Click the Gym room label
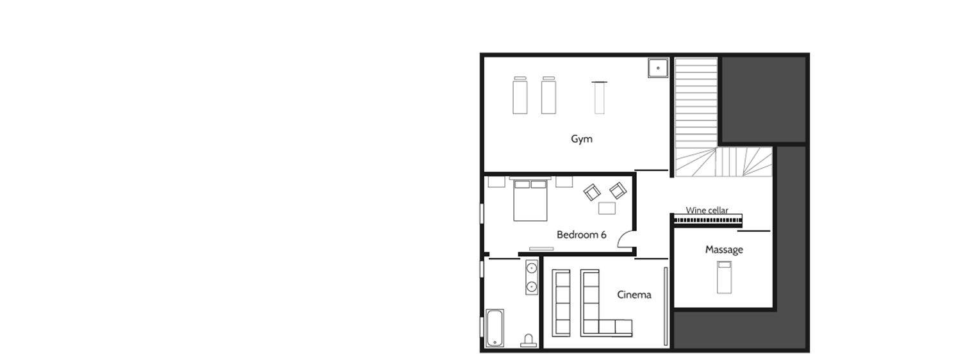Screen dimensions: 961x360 click(x=581, y=139)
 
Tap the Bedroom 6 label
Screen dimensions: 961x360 click(x=581, y=234)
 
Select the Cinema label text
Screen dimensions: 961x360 click(x=634, y=295)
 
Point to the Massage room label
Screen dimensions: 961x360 click(x=724, y=250)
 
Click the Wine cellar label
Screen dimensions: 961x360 click(x=707, y=210)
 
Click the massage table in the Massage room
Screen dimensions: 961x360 click(x=724, y=277)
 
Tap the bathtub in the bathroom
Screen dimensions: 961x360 click(x=495, y=328)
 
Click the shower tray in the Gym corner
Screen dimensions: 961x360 click(x=658, y=68)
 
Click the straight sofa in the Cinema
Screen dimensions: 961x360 click(x=561, y=303)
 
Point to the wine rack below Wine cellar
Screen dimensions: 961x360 click(x=708, y=220)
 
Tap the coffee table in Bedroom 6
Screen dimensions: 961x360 click(x=607, y=208)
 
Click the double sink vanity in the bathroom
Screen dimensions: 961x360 click(x=532, y=277)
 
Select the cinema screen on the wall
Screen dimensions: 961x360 click(x=666, y=306)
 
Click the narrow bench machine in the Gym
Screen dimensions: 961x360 click(x=599, y=98)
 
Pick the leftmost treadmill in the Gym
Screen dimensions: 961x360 click(x=520, y=95)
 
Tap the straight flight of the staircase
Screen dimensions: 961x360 click(x=696, y=103)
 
